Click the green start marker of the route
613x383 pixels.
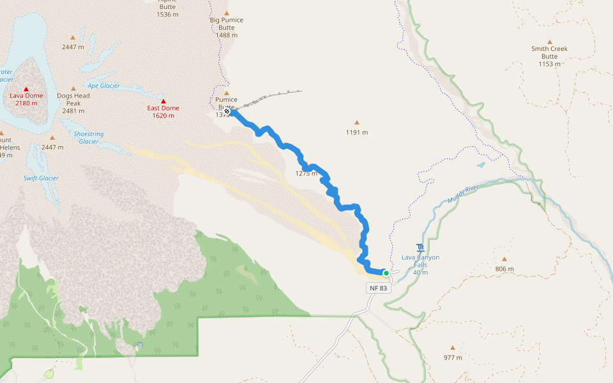(386, 273)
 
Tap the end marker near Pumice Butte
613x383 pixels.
(227, 111)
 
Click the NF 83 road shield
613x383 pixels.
(378, 288)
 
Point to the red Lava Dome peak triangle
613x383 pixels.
(26, 89)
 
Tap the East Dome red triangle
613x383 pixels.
(163, 101)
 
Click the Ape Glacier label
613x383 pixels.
(103, 86)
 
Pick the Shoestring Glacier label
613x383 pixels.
(89, 138)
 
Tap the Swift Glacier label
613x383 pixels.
(41, 178)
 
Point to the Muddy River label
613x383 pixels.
(463, 194)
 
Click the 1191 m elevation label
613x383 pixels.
(357, 133)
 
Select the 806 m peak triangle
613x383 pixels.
(504, 259)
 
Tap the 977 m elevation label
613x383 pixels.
(453, 357)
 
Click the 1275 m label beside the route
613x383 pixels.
(306, 174)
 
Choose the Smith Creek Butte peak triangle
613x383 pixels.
(549, 42)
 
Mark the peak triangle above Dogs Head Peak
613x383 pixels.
(73, 89)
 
